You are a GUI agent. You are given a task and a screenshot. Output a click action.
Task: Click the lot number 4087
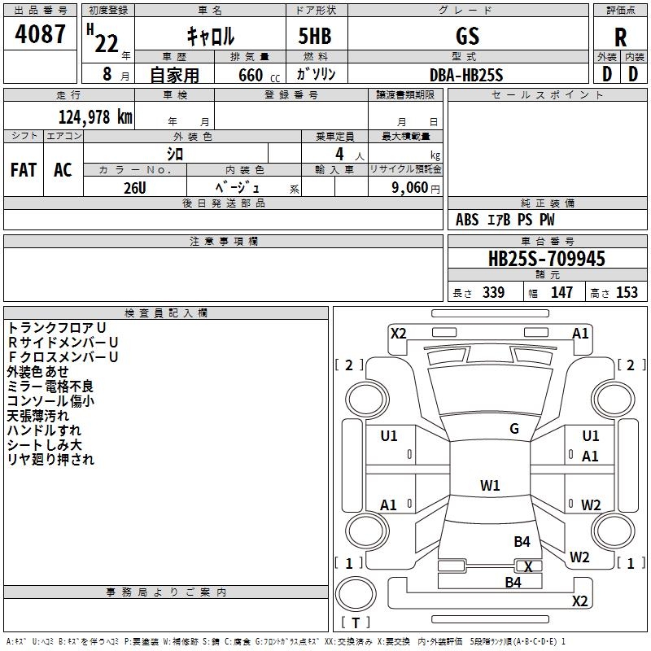coord(40,33)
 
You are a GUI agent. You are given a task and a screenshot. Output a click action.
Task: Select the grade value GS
coord(467,36)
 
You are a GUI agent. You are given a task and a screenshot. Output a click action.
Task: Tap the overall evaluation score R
coord(620,37)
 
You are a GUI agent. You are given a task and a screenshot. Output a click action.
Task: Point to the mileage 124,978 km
coord(95,117)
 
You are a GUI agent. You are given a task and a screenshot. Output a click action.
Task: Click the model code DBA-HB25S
coord(466,75)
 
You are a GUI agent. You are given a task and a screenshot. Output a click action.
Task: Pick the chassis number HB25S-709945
coord(547,259)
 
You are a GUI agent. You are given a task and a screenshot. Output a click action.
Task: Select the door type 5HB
coord(315,36)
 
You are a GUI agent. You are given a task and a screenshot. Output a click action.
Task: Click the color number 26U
coord(135,188)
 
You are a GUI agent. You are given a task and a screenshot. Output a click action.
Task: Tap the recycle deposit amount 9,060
coord(410,188)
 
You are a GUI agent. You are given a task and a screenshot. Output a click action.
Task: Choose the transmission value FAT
coord(24,170)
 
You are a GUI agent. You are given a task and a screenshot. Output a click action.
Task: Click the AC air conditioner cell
coord(63,170)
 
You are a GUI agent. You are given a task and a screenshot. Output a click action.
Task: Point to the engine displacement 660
coord(251,75)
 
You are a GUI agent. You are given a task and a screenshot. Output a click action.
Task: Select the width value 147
coord(561,292)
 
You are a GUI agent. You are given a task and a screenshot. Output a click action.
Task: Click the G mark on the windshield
coord(514,429)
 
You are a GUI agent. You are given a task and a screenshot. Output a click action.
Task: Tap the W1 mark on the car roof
coord(490,485)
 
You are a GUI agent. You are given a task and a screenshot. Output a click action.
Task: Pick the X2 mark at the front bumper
coord(399,334)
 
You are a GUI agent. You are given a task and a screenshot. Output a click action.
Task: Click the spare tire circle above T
coord(356,594)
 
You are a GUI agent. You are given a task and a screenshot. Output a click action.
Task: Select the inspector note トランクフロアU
coord(57,328)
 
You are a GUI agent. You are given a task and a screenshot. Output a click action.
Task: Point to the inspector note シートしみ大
coord(45,445)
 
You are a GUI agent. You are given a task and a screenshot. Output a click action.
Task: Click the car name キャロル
coord(211,36)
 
